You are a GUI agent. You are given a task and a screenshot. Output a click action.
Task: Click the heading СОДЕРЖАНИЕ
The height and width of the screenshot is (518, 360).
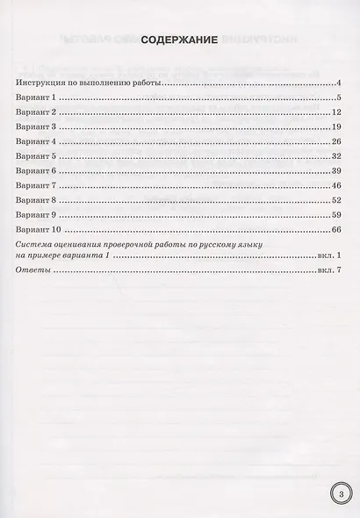pyautogui.click(x=179, y=63)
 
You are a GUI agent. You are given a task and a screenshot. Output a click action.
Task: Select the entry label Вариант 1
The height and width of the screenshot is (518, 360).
pyautogui.click(x=35, y=97)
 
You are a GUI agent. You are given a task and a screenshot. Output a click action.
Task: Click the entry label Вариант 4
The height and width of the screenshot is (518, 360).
pyautogui.click(x=35, y=141)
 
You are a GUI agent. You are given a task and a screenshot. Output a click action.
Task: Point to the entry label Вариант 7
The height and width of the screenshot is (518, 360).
pyautogui.click(x=35, y=185)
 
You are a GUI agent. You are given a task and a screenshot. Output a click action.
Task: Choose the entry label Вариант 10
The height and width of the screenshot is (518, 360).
pyautogui.click(x=38, y=230)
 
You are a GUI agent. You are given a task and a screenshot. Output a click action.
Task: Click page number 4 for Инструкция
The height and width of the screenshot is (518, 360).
pyautogui.click(x=338, y=83)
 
